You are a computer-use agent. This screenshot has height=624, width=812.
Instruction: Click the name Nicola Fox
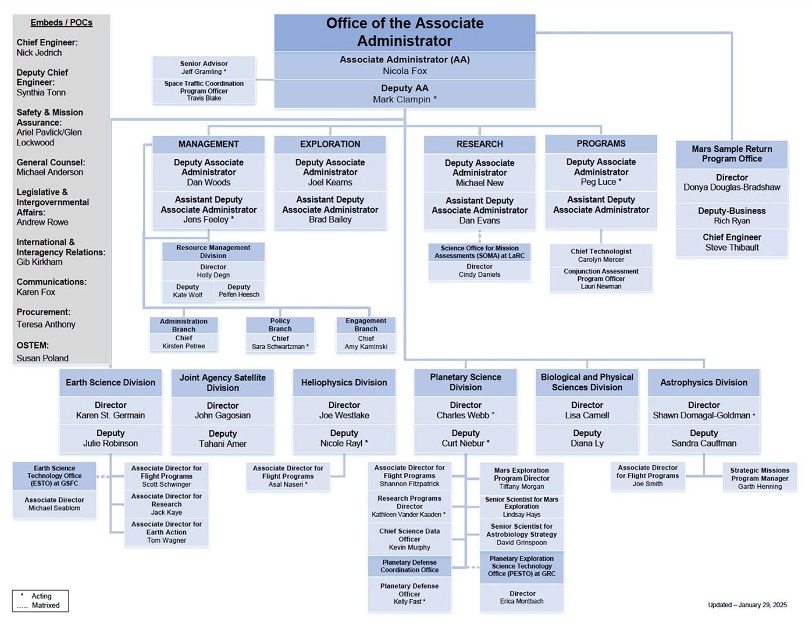404,71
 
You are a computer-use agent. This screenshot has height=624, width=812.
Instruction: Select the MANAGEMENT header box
208,144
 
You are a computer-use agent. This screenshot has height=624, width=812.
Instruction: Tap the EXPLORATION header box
330,144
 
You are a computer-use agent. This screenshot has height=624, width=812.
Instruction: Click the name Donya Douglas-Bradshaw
732,187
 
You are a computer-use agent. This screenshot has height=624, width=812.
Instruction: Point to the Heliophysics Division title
344,383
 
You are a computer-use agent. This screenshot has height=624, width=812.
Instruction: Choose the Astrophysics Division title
704,383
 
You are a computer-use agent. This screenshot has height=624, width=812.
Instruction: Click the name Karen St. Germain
110,416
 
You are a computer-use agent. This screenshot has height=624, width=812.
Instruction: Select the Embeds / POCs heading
61,23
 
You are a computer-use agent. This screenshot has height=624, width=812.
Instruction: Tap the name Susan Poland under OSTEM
43,359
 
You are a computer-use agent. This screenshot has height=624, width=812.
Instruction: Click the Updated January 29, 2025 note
747,605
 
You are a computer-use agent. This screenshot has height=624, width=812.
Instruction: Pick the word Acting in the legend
41,597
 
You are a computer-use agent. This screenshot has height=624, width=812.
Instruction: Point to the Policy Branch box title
280,325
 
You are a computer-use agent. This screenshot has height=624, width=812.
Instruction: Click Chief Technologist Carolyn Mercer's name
601,260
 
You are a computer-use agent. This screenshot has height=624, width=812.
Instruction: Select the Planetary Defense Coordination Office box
409,566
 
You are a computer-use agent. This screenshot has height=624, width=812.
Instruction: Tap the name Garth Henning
760,487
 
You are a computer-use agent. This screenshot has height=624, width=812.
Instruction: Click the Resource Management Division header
213,251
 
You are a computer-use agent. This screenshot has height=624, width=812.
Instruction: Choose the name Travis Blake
204,99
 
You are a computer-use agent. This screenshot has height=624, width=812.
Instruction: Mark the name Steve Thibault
732,248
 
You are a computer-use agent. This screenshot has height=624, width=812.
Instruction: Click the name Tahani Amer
222,444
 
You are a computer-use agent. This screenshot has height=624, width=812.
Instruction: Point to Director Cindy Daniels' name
479,275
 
